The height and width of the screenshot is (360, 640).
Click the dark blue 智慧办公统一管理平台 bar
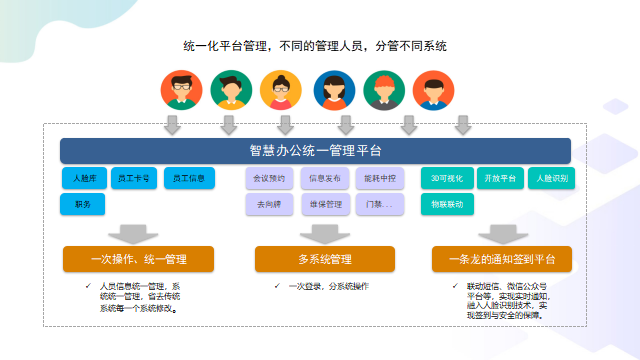point(315,151)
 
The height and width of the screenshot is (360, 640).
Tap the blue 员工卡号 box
point(133,179)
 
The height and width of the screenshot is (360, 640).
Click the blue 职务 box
point(82,204)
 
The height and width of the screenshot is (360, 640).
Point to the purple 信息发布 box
point(325,179)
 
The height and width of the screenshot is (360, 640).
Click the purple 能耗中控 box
point(379,179)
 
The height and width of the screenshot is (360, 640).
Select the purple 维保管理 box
point(325,204)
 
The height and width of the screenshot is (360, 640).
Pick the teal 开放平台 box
point(498,179)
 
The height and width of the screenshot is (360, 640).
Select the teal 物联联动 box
point(446,204)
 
